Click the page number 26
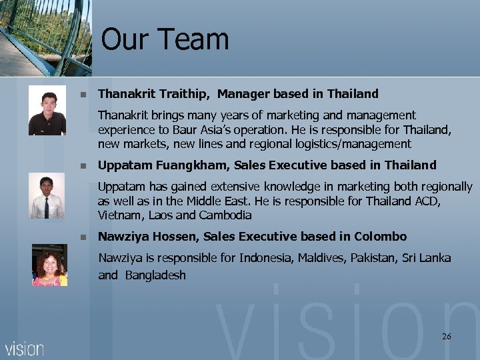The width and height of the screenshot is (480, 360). coord(446,337)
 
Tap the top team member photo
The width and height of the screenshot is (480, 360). coord(47,110)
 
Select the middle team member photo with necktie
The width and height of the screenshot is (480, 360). coord(47,195)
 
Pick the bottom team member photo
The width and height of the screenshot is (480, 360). coord(49,265)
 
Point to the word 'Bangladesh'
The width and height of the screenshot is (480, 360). coord(155,275)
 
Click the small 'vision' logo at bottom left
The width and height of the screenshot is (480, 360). coord(25,348)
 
